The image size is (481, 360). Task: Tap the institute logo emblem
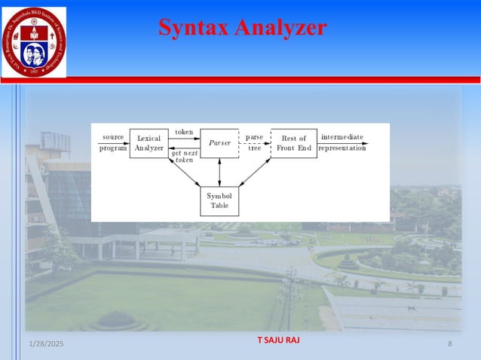pyautogui.click(x=33, y=41)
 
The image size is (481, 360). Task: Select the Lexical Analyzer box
pyautogui.click(x=149, y=143)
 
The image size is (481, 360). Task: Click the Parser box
pyautogui.click(x=219, y=143)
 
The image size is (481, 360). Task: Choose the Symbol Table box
pyautogui.click(x=219, y=200)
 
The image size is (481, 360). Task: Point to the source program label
pyautogui.click(x=113, y=142)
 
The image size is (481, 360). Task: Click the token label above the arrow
pyautogui.click(x=184, y=133)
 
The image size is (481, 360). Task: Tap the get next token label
pyautogui.click(x=184, y=157)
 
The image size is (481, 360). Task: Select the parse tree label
pyautogui.click(x=254, y=142)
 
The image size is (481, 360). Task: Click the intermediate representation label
pyautogui.click(x=342, y=142)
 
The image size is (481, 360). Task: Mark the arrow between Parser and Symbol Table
pyautogui.click(x=219, y=172)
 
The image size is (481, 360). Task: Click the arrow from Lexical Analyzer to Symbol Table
pyautogui.click(x=185, y=172)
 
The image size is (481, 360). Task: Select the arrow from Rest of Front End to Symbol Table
pyautogui.click(x=255, y=172)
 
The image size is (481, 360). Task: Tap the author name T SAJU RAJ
pyautogui.click(x=278, y=340)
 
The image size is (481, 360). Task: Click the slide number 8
pyautogui.click(x=449, y=344)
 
